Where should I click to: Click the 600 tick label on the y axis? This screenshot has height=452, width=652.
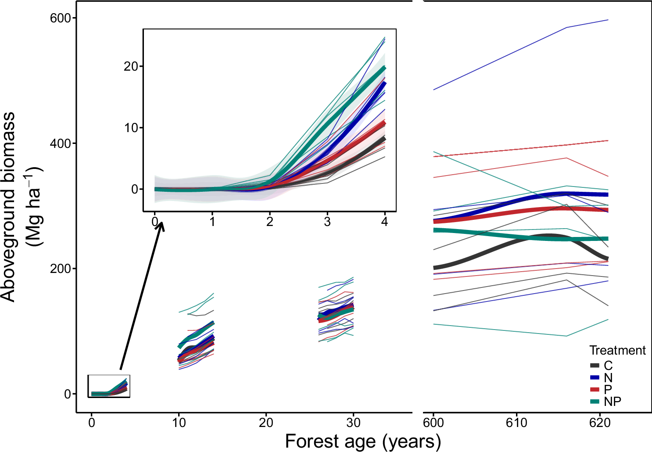tap(61, 18)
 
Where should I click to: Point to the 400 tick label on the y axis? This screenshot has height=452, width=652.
tap(61, 143)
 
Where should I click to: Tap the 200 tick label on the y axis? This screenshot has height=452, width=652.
tap(61, 269)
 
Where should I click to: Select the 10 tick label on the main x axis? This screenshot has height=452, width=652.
tap(179, 423)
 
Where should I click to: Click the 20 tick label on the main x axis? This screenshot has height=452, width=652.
tap(266, 423)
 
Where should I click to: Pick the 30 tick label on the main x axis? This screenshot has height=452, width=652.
tap(353, 423)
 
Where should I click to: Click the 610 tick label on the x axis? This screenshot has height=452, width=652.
tap(516, 423)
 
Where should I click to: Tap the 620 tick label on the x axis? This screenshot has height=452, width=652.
tap(600, 423)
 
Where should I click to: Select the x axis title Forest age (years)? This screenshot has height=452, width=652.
tap(363, 441)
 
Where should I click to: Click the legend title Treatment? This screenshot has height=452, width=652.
tap(617, 350)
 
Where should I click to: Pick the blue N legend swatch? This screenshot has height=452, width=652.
tap(595, 377)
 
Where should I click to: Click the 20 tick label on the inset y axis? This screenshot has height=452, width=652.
tap(131, 66)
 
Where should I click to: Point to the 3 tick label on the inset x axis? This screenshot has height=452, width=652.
tap(327, 222)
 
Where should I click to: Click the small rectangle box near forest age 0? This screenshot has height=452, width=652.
tap(109, 386)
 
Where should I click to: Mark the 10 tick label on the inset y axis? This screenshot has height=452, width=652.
tap(131, 128)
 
